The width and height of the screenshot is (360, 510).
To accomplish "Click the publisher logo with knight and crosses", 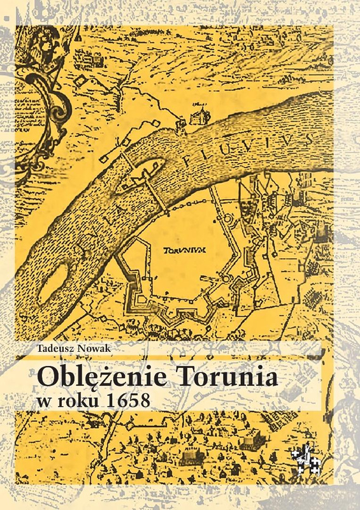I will point(305,458).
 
